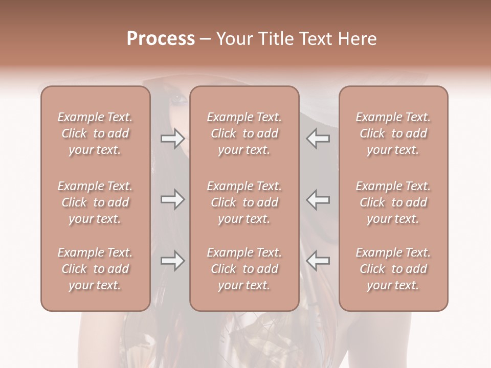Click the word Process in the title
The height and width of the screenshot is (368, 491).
161,38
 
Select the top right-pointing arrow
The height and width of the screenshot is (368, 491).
173,139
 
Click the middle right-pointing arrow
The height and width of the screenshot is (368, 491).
173,199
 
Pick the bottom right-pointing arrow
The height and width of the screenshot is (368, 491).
173,261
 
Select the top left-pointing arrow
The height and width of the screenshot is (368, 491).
318,139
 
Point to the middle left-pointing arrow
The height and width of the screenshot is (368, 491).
318,199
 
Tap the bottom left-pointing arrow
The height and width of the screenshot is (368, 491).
318,261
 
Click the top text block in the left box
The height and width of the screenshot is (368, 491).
95,133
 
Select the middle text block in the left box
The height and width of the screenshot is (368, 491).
95,202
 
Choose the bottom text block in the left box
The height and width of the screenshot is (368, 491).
95,269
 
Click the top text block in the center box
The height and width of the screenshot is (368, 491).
244,133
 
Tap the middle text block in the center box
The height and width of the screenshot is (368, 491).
244,202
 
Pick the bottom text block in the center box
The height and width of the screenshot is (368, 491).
244,269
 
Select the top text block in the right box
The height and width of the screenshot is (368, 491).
393,133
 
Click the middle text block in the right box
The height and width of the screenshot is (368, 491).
393,202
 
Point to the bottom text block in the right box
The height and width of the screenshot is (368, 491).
393,269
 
